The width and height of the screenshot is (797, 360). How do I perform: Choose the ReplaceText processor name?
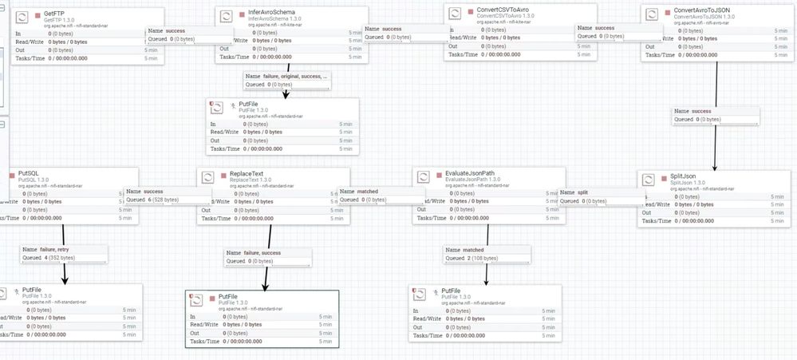click(247, 173)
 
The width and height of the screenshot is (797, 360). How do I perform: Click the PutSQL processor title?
click(28, 172)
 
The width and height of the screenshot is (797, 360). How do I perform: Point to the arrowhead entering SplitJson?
click(714, 166)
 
